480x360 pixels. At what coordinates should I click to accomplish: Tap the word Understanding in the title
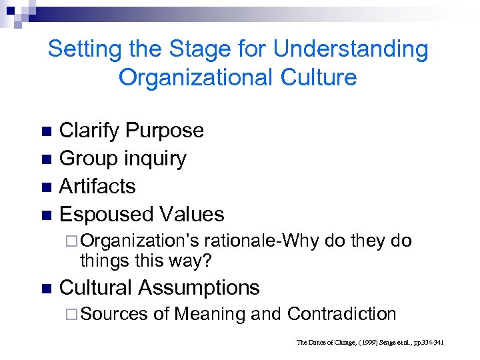click(351, 49)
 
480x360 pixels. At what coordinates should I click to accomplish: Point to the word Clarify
click(89, 131)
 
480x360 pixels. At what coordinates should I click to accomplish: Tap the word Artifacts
click(97, 186)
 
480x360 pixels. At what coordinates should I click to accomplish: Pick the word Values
click(189, 214)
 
